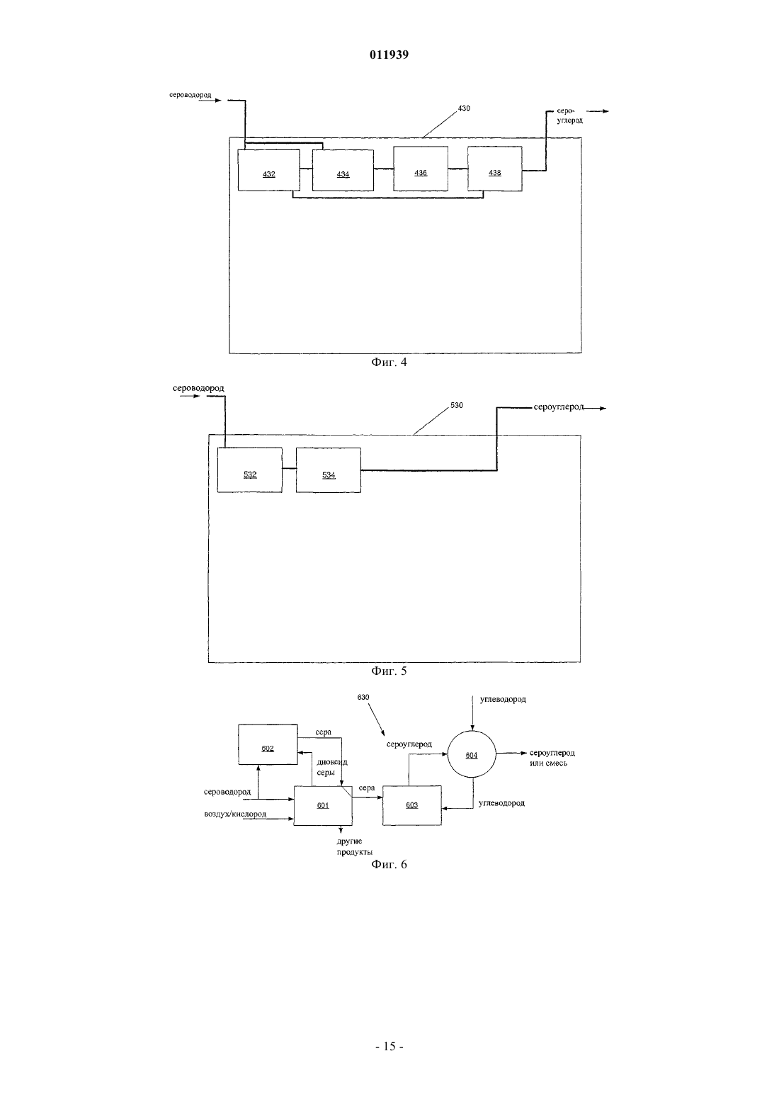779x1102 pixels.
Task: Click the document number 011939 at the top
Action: click(389, 55)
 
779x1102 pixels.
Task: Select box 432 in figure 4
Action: click(268, 170)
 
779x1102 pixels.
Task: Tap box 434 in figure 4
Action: click(343, 170)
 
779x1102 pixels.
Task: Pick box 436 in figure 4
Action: click(421, 169)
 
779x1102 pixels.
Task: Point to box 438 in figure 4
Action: click(495, 169)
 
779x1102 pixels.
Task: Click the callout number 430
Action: click(464, 109)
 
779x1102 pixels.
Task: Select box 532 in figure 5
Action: click(250, 470)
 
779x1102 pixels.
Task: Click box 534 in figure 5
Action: click(329, 470)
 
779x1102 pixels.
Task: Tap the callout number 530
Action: click(456, 405)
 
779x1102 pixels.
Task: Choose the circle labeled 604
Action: click(472, 755)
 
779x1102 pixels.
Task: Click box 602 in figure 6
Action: click(268, 744)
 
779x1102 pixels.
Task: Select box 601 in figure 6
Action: click(323, 805)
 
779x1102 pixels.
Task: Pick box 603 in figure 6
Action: click(411, 805)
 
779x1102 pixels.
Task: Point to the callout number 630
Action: click(363, 697)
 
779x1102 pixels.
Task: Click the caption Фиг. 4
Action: click(389, 363)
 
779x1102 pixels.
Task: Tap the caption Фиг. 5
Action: click(389, 671)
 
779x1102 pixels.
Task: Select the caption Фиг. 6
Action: click(389, 864)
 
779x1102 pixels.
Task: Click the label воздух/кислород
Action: click(235, 814)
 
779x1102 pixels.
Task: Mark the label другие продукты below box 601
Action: click(355, 846)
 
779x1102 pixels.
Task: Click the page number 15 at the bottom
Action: click(389, 1047)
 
